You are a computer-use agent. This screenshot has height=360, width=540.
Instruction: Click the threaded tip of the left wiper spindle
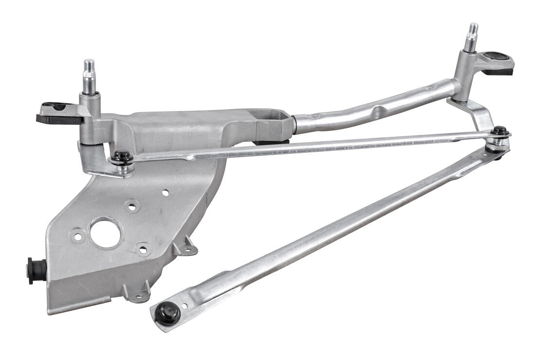tap(89, 68)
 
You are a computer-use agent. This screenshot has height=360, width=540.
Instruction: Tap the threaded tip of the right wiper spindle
tap(472, 30)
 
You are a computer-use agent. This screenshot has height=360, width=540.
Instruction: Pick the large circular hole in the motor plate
tap(105, 234)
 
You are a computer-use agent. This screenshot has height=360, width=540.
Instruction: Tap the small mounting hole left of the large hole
tap(78, 237)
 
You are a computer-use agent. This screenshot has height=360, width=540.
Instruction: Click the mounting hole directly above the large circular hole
tap(131, 206)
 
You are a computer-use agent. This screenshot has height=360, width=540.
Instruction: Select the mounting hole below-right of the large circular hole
tap(143, 250)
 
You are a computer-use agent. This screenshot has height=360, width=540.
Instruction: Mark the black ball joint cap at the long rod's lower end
tap(167, 312)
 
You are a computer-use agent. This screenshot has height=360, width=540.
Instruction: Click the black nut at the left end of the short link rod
tap(121, 157)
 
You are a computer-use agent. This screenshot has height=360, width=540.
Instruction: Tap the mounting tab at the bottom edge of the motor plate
tap(137, 293)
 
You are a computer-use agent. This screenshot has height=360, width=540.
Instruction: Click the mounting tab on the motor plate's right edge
tap(188, 248)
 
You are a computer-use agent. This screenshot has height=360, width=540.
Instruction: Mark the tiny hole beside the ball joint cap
tap(184, 306)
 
